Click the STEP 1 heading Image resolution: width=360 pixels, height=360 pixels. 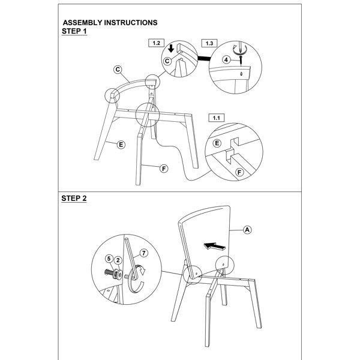74,31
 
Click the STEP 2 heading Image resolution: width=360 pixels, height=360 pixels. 74,199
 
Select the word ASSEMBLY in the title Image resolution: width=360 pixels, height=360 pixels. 82,23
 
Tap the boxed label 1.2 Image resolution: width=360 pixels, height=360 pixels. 156,43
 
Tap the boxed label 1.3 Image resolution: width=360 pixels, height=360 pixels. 209,43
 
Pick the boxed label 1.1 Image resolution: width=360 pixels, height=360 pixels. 216,118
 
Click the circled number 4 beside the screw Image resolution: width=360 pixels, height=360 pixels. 226,60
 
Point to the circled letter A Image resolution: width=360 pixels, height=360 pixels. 247,230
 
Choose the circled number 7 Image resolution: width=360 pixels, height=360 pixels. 144,253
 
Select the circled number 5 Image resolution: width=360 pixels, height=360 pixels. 109,259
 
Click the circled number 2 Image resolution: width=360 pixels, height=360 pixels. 118,260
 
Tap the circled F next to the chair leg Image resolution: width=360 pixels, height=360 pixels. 164,169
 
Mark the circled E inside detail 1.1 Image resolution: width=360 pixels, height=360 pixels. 217,143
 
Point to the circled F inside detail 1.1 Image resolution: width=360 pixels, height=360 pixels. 239,172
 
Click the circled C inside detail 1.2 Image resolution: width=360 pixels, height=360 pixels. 167,61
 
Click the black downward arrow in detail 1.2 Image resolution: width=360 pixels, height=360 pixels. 171,48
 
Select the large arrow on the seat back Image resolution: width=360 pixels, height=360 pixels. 215,246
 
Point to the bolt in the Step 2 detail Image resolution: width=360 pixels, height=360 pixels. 113,273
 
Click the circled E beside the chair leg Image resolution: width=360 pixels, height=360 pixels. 121,145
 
